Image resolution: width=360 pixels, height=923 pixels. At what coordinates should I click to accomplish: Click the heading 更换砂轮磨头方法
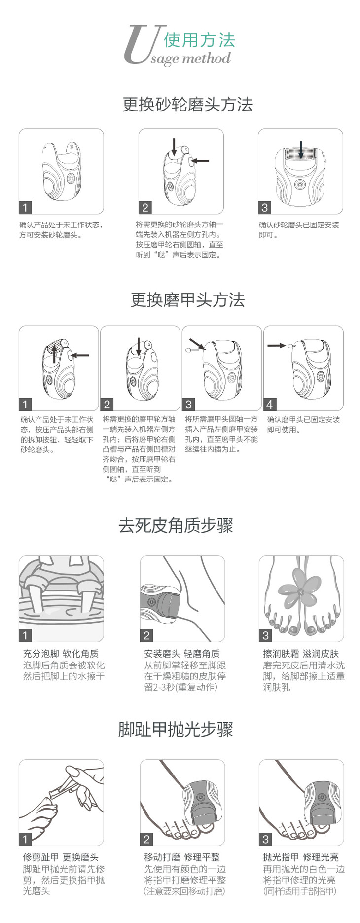pos(187,105)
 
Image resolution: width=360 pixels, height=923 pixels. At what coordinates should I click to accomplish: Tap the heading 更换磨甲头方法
pos(187,300)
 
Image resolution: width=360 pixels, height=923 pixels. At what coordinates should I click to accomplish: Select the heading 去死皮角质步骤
pos(176,525)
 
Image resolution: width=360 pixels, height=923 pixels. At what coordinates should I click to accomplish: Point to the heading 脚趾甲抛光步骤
pos(176,729)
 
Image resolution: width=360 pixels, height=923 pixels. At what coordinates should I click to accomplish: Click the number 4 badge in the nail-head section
pos(270,405)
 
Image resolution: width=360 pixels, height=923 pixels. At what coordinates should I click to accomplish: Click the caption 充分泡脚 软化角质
pos(61,654)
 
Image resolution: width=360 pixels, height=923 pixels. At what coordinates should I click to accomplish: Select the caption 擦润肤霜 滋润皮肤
pos(301,654)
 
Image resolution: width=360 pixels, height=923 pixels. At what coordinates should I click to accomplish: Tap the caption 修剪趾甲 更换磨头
pos(61,857)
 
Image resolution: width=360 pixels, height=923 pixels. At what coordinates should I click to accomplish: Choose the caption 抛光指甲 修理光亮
pos(301,857)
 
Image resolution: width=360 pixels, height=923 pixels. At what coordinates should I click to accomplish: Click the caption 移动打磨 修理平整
pos(182,857)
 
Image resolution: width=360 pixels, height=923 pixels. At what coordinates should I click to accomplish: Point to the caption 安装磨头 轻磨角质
pos(182,654)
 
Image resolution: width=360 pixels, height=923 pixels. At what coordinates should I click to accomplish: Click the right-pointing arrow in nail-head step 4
pos(277,345)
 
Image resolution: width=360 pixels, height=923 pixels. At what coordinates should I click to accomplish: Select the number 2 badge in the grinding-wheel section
pos(145,208)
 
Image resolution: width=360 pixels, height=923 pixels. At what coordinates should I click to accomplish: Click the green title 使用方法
pos(199,40)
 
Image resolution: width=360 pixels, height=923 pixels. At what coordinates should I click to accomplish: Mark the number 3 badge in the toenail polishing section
pos(265,839)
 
